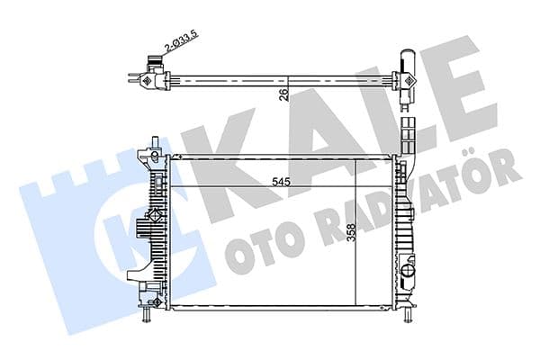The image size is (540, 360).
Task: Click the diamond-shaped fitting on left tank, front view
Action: (157, 218)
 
